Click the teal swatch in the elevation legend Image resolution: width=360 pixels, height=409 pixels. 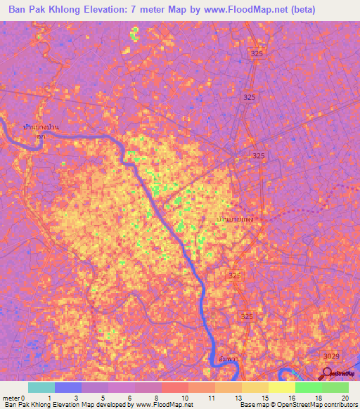click(41, 387)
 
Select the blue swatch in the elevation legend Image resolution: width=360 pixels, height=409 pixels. click(68, 387)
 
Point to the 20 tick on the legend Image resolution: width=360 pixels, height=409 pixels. click(345, 398)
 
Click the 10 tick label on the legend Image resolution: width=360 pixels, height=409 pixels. click(184, 398)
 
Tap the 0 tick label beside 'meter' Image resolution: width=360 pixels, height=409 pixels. click(22, 398)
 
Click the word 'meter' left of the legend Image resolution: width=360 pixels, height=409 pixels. click(10, 398)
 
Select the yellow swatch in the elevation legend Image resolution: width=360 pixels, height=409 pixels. click(282, 387)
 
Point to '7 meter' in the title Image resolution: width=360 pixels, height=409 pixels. click(149, 10)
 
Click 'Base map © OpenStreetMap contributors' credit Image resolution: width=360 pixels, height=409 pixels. click(298, 405)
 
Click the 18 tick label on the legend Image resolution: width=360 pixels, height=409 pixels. click(318, 398)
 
